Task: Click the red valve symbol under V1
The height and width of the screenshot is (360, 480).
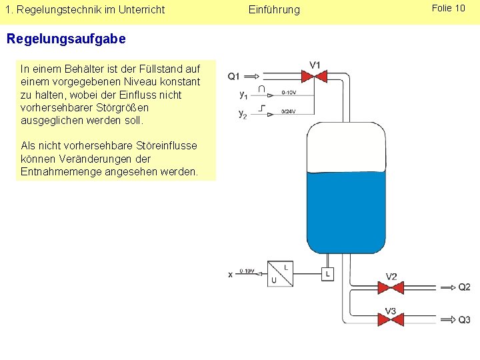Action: pyautogui.click(x=315, y=77)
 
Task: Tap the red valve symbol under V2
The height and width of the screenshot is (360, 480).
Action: pyautogui.click(x=391, y=287)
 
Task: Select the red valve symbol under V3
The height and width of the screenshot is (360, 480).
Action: pyautogui.click(x=391, y=320)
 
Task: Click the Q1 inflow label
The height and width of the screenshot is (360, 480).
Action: pyautogui.click(x=234, y=76)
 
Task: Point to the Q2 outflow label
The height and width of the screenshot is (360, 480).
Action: pyautogui.click(x=464, y=287)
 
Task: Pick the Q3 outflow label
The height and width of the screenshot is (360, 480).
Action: pyautogui.click(x=464, y=320)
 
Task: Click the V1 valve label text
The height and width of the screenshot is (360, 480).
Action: pyautogui.click(x=315, y=65)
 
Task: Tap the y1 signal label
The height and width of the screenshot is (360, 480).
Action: pyautogui.click(x=244, y=95)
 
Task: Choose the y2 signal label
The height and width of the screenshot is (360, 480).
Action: pyautogui.click(x=244, y=113)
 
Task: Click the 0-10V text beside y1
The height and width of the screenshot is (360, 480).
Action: pyautogui.click(x=289, y=93)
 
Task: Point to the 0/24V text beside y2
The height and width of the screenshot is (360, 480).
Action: pyautogui.click(x=289, y=111)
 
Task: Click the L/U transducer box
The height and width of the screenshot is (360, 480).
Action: pyautogui.click(x=280, y=274)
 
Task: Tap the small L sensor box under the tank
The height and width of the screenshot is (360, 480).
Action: pyautogui.click(x=327, y=274)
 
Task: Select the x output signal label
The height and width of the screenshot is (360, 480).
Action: pyautogui.click(x=231, y=274)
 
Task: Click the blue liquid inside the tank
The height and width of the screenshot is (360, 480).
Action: pyautogui.click(x=345, y=210)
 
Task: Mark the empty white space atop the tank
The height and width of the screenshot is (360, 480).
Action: pyautogui.click(x=345, y=147)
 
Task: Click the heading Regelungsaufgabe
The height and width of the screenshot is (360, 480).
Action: pyautogui.click(x=65, y=39)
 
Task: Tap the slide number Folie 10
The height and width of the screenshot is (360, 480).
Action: pyautogui.click(x=449, y=8)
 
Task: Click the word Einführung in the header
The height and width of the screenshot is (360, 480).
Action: pyautogui.click(x=274, y=9)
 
